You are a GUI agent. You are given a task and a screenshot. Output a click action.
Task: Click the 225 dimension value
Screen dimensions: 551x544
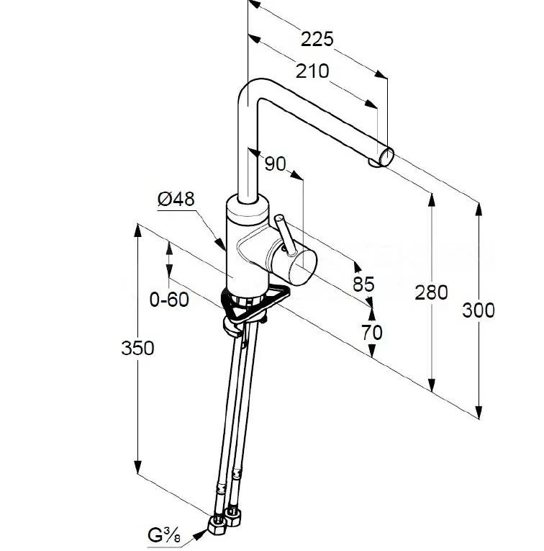pos(317,39)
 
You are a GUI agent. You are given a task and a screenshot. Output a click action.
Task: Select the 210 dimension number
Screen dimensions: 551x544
pos(312,71)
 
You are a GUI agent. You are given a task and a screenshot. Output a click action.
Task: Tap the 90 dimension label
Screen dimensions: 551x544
pos(275,163)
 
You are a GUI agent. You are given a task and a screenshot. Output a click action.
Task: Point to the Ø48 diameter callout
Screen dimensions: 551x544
pos(176,200)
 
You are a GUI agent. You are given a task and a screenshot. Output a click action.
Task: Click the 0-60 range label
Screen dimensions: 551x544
pos(169,297)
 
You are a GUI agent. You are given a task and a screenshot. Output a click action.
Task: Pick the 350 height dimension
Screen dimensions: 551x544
pos(137,348)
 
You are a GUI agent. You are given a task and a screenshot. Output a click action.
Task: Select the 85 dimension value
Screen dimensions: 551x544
pos(363,284)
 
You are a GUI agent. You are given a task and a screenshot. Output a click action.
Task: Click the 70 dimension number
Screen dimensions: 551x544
pos(372,332)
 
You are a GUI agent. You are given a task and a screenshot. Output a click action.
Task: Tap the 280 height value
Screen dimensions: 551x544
pos(432,292)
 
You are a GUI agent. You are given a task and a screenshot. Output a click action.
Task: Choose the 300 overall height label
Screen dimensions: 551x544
pos(479,310)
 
